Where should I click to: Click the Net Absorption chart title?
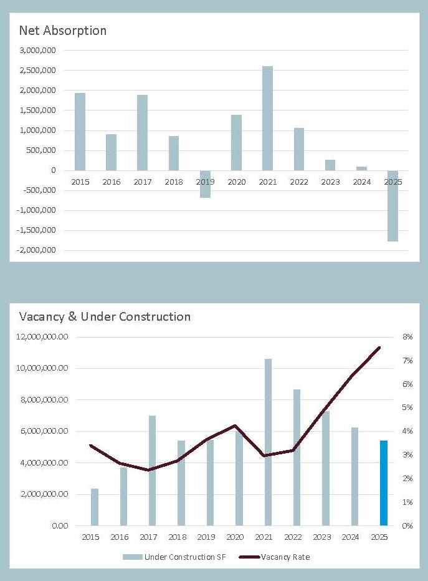point(62,30)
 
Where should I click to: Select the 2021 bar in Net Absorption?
point(267,118)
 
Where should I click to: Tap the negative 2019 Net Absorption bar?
point(205,183)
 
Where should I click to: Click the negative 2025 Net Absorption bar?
point(392,205)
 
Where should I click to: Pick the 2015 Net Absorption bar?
point(80,132)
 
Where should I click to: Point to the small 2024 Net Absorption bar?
point(361,168)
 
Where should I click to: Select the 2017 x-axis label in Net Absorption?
point(142,182)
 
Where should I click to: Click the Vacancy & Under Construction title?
point(105,316)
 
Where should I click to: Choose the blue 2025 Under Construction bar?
point(384,483)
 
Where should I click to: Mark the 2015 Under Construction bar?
point(95,507)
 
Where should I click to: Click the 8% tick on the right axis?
point(407,337)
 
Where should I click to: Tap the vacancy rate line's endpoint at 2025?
point(379,348)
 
